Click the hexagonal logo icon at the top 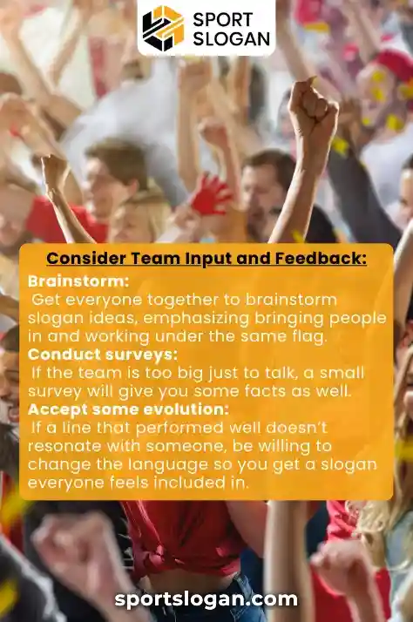coord(163,28)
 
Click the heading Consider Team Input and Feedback coord(206,258)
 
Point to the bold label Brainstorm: coord(78,281)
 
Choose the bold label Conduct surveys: coord(103,355)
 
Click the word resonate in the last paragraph coord(64,446)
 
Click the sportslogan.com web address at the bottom coord(206,599)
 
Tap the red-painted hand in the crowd coord(212,194)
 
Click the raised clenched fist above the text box coord(312,109)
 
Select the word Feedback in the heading coord(322,258)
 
